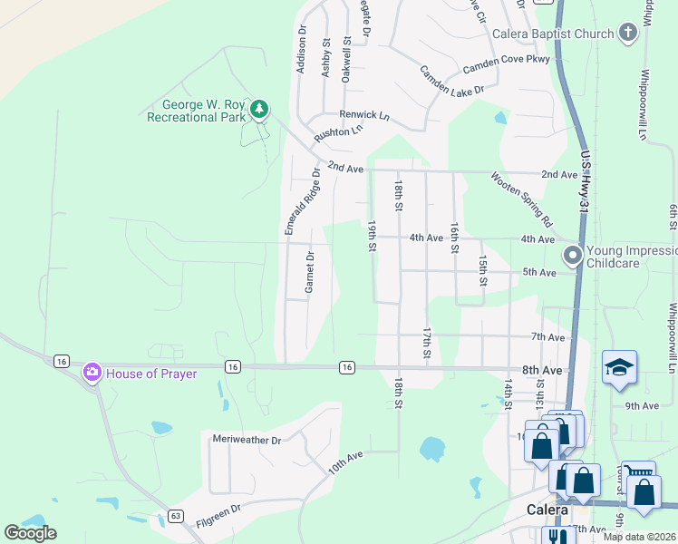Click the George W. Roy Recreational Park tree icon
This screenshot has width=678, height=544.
[260, 110]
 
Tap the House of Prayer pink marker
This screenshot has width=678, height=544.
[92, 373]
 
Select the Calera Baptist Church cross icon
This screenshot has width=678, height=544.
[627, 34]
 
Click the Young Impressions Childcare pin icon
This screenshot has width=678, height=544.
[572, 257]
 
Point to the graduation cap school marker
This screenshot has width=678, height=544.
[619, 367]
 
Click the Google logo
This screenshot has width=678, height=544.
[31, 533]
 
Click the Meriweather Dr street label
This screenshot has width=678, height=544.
[247, 440]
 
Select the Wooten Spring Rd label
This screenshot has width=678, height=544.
[522, 199]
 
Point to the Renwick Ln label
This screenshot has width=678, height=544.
[363, 115]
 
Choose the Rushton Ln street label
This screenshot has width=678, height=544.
[338, 132]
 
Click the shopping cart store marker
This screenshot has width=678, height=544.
[641, 471]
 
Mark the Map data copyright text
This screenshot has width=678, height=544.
[640, 537]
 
